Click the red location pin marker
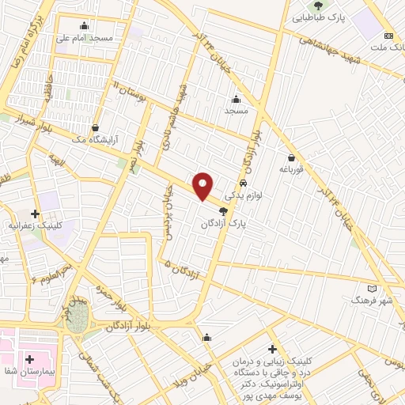coord(203,186)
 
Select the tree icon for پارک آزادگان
coord(223,211)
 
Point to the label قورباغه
coord(292,169)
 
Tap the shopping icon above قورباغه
coord(292,157)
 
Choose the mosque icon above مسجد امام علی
coord(85,25)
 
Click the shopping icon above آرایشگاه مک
coord(95,127)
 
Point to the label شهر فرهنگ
coord(371,301)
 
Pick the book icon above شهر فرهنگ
coord(373,288)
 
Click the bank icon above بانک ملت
coord(388,36)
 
